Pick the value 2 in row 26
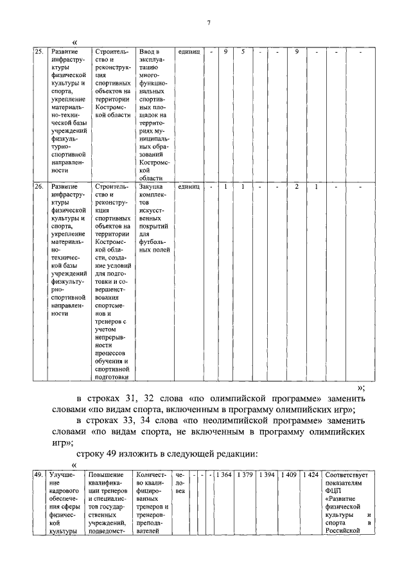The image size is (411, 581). click(x=296, y=186)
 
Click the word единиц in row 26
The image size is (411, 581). click(x=189, y=186)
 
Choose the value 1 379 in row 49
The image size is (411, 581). click(x=245, y=474)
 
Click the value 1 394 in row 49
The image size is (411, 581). click(x=267, y=474)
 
